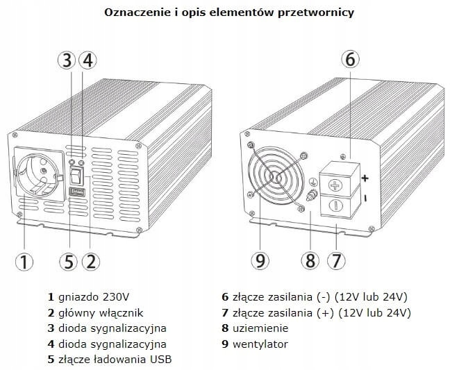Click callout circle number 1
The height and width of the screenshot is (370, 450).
tap(24, 261)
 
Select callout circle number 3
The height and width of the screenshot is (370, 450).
tap(67, 60)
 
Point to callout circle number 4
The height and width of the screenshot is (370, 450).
tap(87, 60)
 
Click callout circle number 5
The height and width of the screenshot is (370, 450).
tap(68, 261)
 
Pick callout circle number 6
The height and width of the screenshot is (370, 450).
tap(350, 60)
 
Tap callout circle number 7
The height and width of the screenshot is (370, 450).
tap(335, 261)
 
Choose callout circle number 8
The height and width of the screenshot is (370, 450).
tap(310, 261)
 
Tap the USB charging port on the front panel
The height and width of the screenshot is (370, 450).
tap(77, 192)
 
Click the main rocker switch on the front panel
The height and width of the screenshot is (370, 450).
tap(78, 173)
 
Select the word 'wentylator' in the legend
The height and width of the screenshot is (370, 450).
tap(260, 344)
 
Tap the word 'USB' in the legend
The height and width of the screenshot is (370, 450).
tap(160, 360)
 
